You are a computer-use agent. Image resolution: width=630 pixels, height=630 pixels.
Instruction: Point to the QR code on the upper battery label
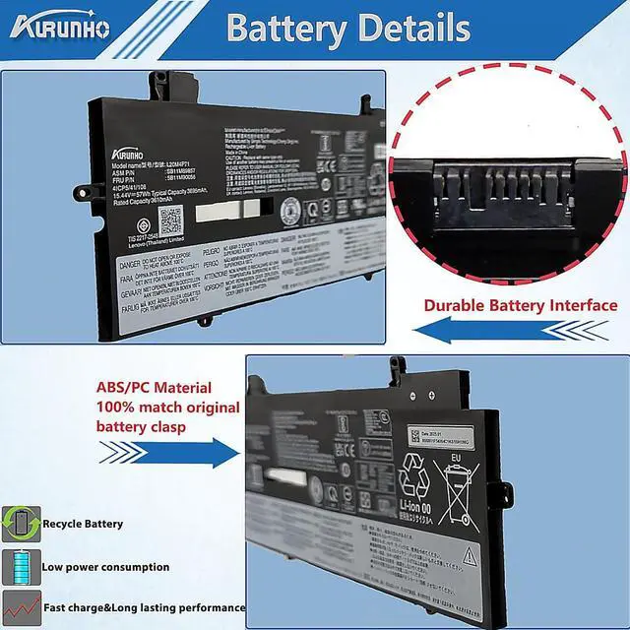(170, 219)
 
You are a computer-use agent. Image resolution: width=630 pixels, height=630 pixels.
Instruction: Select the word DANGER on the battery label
(137, 265)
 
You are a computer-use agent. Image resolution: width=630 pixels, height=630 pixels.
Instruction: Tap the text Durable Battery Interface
(520, 305)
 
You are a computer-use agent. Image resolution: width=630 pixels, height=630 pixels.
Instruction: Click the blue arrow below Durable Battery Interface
(512, 332)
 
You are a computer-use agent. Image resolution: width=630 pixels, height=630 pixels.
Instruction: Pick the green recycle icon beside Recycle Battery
(20, 524)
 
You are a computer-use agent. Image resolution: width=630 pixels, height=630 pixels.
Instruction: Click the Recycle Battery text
(83, 524)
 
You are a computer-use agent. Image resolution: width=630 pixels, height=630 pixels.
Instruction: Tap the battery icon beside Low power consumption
(20, 567)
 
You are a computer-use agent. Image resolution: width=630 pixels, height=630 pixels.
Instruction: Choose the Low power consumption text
(105, 567)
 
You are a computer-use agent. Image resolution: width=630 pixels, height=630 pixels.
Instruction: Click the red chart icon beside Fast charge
(20, 607)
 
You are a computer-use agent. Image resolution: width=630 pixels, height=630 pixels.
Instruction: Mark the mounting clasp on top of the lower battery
(397, 368)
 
